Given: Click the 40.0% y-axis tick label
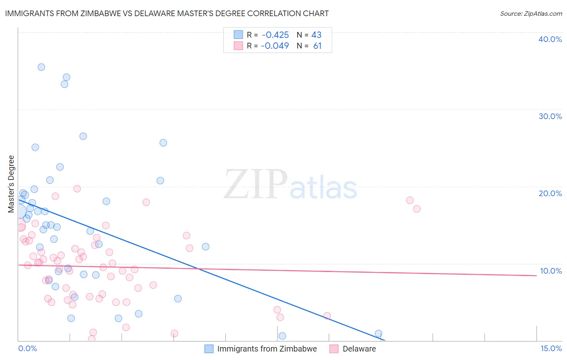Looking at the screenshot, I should (550, 39).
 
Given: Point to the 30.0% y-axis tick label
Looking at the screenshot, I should (550, 116).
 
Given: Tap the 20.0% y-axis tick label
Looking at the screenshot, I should (550, 193).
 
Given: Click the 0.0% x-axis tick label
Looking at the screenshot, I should (27, 348).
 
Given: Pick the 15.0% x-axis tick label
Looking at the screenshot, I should (551, 348).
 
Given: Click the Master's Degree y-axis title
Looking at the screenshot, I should (11, 184).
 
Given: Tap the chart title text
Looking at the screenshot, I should (167, 13).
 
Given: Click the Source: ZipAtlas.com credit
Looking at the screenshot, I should (531, 13).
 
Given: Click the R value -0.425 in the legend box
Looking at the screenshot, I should (275, 35).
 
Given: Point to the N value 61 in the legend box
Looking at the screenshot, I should (317, 46).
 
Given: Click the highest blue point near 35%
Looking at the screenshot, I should (41, 67).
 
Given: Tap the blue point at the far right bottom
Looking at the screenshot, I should (378, 333).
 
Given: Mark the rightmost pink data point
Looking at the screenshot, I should (417, 209).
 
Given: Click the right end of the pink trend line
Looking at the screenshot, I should (536, 276).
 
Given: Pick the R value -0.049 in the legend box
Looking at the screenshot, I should (275, 46).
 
